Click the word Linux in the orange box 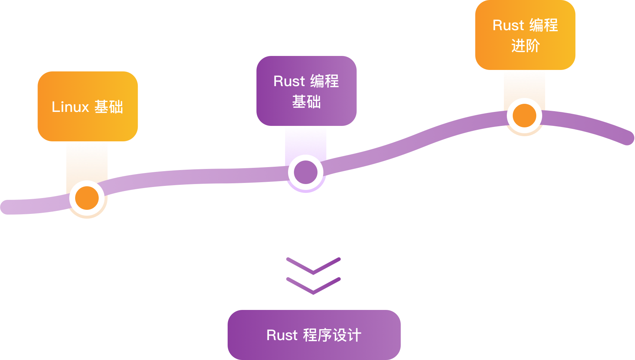(70, 107)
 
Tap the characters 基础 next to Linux (109, 107)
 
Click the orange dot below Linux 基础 (87, 198)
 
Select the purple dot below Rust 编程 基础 (305, 172)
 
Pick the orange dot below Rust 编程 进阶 (524, 116)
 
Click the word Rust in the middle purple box (289, 81)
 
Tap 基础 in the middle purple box (306, 102)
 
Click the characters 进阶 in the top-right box (526, 46)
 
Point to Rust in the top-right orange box (508, 25)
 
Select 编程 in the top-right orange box (544, 25)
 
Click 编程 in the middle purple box (324, 81)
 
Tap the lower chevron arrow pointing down (313, 286)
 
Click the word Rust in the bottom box (282, 335)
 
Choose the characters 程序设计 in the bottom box (332, 335)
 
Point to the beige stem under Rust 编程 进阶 (524, 85)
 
